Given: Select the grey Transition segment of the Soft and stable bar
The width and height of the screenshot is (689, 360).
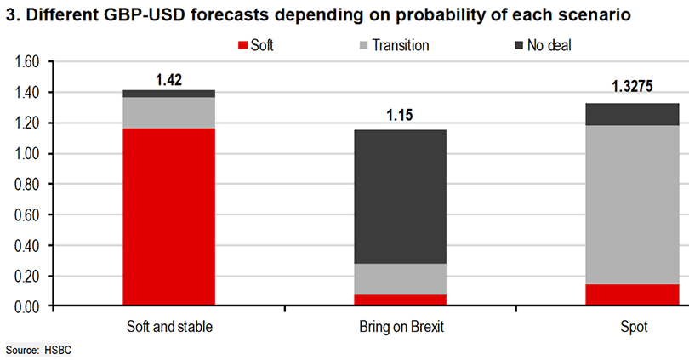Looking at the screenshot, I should point(168,112).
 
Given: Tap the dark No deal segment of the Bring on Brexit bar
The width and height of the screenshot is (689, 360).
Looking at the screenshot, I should point(401,196).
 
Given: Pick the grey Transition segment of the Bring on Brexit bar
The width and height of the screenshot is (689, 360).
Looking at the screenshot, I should point(401,278).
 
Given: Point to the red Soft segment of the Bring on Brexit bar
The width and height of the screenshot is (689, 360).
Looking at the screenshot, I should point(401,300).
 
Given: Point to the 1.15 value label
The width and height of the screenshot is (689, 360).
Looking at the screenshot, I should point(401,116).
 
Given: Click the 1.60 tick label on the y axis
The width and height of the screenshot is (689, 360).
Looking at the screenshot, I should point(28,62).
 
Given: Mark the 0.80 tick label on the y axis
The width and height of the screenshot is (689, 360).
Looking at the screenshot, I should point(28,184).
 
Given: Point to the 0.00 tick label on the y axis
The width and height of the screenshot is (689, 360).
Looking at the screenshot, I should point(28,306).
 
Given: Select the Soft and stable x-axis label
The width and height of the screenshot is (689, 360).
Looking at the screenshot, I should point(168,328).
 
